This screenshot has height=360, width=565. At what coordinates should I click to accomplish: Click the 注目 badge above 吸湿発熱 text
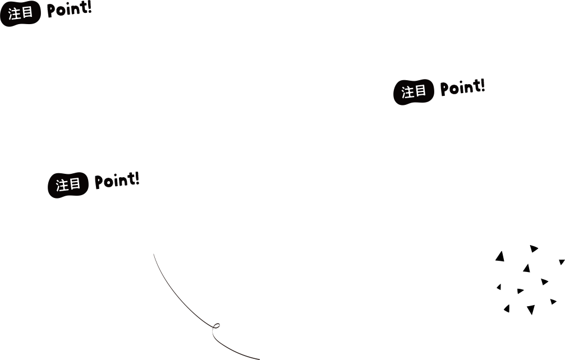[x=21, y=13]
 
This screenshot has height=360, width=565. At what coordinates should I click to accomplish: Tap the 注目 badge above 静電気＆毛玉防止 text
[x=415, y=92]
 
